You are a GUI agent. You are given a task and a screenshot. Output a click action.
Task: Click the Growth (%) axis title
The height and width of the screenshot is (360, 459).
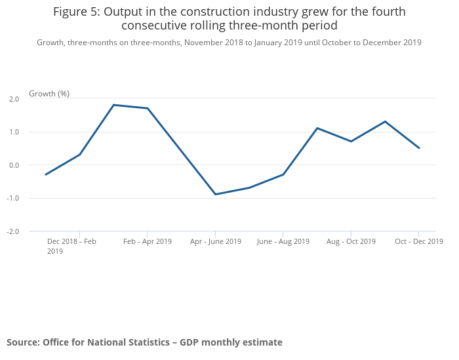click(x=49, y=94)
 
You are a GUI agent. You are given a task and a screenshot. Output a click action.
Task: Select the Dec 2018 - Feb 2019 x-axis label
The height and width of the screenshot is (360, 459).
click(x=71, y=246)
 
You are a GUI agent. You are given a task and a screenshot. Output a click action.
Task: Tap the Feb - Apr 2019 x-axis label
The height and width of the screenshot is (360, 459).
click(x=148, y=241)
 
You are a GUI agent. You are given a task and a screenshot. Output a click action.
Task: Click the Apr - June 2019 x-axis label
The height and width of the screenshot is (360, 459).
click(x=216, y=241)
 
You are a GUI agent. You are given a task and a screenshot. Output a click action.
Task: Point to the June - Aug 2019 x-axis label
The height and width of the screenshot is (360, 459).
click(x=283, y=241)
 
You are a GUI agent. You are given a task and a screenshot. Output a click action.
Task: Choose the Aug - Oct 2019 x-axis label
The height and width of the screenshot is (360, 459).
click(x=351, y=241)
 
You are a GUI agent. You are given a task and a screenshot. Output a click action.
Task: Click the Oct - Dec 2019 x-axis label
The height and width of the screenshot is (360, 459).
click(x=418, y=241)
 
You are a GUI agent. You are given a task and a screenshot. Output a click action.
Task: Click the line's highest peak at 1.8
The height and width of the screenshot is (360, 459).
click(x=113, y=105)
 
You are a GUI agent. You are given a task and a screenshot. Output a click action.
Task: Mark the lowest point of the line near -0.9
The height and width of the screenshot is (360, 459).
click(x=216, y=194)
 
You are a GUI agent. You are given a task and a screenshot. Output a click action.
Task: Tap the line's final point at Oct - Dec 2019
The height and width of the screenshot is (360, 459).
click(x=419, y=148)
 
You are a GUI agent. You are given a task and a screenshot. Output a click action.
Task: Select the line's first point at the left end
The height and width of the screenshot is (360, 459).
click(x=46, y=174)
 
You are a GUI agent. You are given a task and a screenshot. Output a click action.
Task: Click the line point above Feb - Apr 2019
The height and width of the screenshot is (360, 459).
click(x=148, y=108)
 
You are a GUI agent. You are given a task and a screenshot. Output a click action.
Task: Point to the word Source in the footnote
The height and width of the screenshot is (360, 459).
click(x=23, y=342)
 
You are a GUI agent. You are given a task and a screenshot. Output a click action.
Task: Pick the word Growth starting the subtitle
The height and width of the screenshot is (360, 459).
click(x=50, y=43)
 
